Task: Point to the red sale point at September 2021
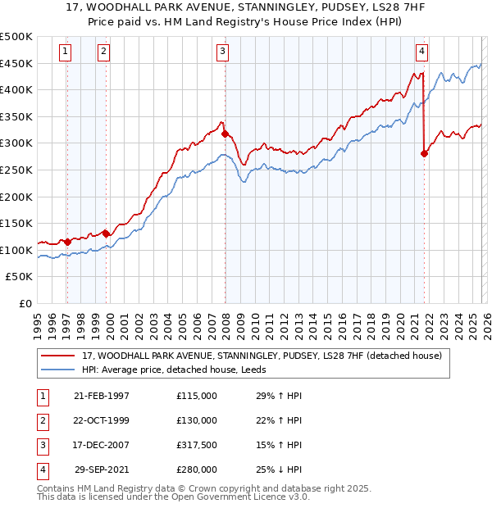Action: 424,153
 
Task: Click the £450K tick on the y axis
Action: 17,63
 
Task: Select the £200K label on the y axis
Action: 17,197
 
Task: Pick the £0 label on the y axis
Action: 25,303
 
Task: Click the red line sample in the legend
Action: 58,356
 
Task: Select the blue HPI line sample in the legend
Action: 58,370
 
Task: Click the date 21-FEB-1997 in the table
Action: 102,396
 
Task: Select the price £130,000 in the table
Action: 197,420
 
